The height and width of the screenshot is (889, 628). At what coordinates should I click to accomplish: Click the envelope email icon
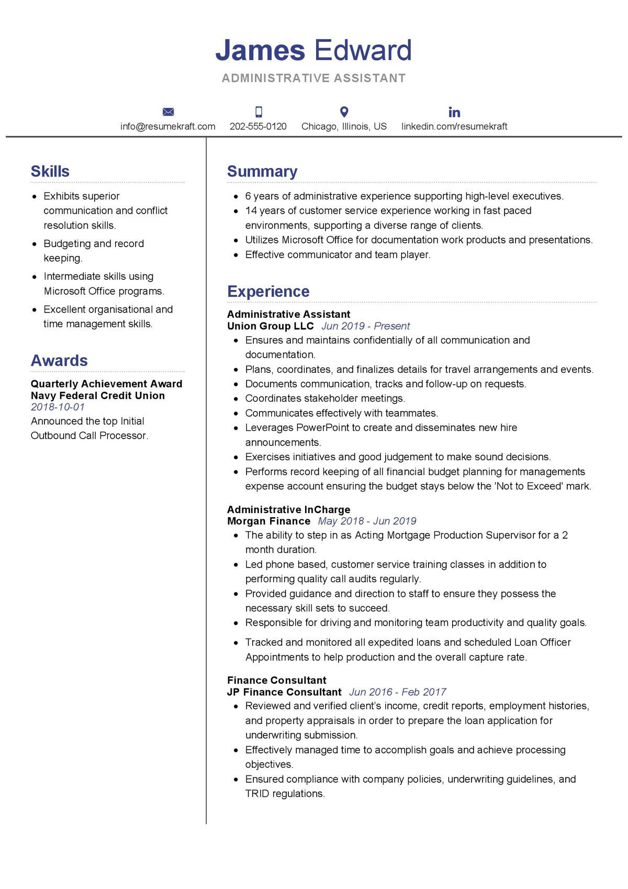[x=168, y=112]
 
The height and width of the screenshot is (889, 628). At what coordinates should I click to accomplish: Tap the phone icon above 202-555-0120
[x=259, y=112]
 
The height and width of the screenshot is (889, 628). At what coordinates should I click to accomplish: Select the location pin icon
[x=344, y=112]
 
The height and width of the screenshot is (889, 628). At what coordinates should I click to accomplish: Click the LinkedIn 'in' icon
[x=454, y=112]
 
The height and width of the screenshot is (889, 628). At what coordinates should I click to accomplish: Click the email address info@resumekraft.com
[x=168, y=126]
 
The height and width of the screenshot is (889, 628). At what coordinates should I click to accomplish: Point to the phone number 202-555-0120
[x=258, y=126]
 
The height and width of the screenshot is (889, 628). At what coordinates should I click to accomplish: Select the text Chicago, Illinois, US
[x=344, y=126]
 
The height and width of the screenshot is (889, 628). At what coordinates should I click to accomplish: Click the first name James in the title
[x=260, y=50]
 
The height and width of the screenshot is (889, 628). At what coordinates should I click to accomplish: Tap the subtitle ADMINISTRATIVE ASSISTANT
[x=313, y=78]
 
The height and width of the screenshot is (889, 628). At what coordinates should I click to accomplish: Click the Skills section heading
[x=50, y=171]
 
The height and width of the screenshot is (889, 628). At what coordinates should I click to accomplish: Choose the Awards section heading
[x=59, y=360]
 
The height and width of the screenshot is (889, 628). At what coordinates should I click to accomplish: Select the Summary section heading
[x=262, y=171]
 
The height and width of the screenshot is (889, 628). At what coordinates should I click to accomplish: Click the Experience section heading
[x=268, y=291]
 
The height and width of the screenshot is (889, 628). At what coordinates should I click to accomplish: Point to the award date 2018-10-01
[x=58, y=407]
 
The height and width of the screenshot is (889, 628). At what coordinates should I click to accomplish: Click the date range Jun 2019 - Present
[x=365, y=326]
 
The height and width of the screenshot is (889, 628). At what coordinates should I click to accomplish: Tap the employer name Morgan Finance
[x=268, y=521]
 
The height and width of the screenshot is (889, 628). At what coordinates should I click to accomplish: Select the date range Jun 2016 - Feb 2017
[x=397, y=692]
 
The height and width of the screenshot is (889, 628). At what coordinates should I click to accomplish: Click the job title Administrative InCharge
[x=288, y=509]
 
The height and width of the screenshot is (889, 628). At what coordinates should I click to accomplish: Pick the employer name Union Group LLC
[x=270, y=326]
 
